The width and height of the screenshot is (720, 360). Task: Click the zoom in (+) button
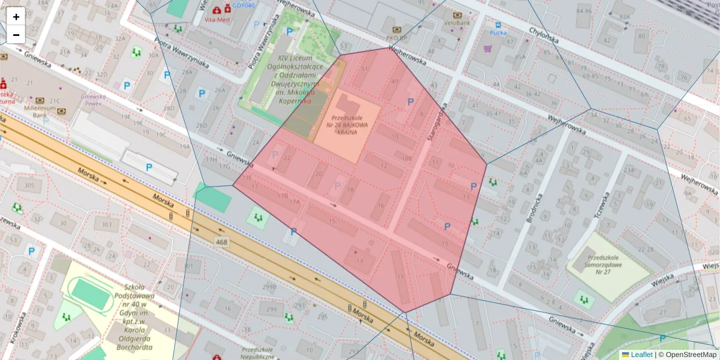16,17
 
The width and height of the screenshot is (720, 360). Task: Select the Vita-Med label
217,19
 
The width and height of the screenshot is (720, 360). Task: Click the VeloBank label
457,23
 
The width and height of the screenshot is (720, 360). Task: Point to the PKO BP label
397,37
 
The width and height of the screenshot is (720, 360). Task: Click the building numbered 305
29,185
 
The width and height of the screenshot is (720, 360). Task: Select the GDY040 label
244,5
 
